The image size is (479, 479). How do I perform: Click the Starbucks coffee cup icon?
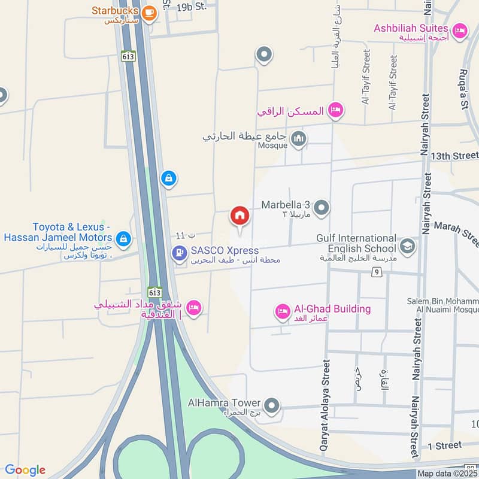[149, 11]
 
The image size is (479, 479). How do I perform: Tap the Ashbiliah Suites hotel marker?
[460, 29]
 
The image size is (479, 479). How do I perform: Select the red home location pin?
[239, 216]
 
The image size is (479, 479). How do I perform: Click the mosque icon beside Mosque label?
[298, 140]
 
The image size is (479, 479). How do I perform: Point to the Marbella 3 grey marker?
[322, 208]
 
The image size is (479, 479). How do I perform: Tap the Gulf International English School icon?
[408, 246]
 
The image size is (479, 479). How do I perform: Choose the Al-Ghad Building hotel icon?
[282, 311]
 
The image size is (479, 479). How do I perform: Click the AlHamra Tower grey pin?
[272, 406]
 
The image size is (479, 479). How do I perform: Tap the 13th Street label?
[457, 156]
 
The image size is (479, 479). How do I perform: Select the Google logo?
[25, 470]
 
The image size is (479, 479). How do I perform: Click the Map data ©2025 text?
[447, 474]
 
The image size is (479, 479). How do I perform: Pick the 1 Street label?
[445, 445]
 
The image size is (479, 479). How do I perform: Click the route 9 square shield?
[375, 273]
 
